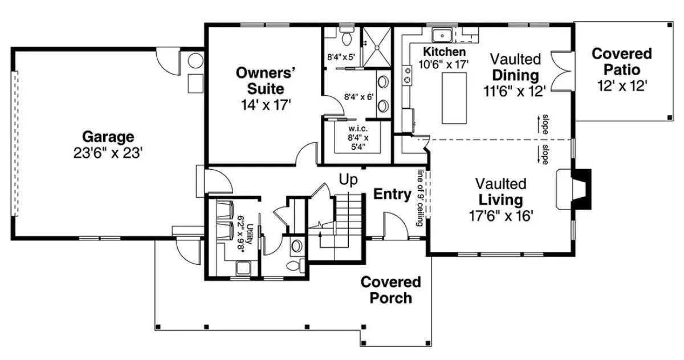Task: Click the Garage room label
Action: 108,137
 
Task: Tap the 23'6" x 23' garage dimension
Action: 108,153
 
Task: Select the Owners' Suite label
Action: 266,81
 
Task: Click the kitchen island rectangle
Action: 454,98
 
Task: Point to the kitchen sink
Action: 442,35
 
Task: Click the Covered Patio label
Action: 622,62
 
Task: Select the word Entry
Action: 392,194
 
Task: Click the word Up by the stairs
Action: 348,179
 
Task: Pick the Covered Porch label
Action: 391,290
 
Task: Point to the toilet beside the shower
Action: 347,36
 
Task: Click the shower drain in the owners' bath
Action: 377,48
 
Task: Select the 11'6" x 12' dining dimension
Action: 515,91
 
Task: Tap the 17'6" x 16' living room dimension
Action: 501,216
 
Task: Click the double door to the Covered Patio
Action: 563,71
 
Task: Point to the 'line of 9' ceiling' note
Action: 421,198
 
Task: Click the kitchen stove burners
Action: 407,76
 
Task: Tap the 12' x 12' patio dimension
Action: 622,86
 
